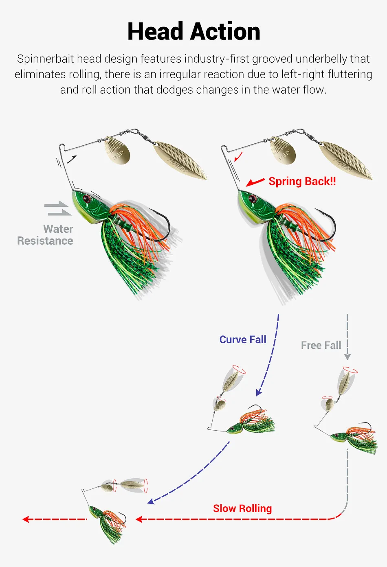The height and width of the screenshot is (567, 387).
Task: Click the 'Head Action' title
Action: click(x=194, y=31)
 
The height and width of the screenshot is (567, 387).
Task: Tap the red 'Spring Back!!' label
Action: click(x=302, y=181)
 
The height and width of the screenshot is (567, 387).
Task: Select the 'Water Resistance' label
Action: click(x=45, y=235)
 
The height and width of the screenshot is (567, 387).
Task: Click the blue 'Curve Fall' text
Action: click(x=243, y=339)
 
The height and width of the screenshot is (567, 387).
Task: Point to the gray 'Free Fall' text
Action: click(x=321, y=345)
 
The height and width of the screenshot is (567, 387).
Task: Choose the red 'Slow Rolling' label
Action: click(x=242, y=508)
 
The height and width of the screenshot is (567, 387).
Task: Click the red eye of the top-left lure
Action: click(x=87, y=198)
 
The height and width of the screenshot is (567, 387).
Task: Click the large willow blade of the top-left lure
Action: click(x=180, y=160)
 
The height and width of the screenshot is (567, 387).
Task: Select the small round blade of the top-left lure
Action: click(x=117, y=150)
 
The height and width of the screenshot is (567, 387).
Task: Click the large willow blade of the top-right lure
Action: click(x=345, y=160)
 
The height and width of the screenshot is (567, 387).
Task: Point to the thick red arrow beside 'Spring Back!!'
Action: click(x=255, y=182)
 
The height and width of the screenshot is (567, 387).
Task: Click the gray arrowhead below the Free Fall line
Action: click(x=347, y=357)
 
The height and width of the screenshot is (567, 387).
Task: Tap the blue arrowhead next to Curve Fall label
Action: click(x=259, y=393)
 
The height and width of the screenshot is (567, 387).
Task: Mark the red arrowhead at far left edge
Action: click(x=26, y=519)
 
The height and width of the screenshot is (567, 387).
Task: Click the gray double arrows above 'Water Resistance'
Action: click(x=58, y=208)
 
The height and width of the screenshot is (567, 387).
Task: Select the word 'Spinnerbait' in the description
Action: click(x=45, y=59)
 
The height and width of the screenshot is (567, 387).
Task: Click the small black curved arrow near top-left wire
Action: click(x=72, y=159)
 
